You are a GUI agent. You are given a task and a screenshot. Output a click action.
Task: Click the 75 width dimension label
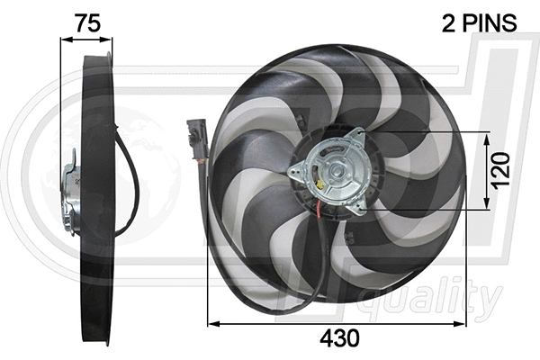pos(86,24)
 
